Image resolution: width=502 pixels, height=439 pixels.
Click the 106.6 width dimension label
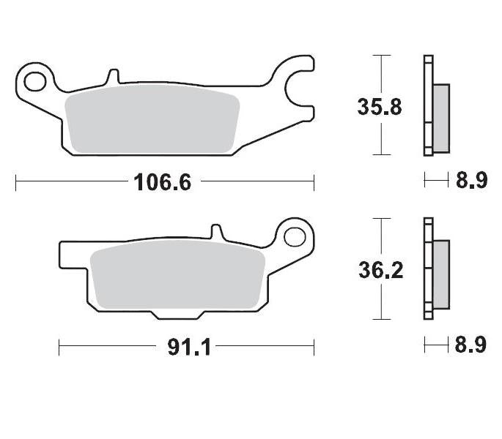162,182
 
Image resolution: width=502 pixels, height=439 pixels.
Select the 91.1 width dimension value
189,347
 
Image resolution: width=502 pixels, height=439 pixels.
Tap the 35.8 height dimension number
380,107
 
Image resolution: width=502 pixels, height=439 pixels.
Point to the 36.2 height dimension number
380,271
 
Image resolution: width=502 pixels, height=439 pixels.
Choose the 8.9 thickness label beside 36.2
471,345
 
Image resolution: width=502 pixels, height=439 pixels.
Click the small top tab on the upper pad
112,76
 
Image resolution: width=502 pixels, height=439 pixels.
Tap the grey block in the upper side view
440,118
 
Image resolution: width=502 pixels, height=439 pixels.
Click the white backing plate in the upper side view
427,106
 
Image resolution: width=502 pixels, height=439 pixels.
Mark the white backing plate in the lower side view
427,269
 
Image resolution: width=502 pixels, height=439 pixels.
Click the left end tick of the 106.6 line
16,182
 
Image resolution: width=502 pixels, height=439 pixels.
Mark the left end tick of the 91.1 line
59,347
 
